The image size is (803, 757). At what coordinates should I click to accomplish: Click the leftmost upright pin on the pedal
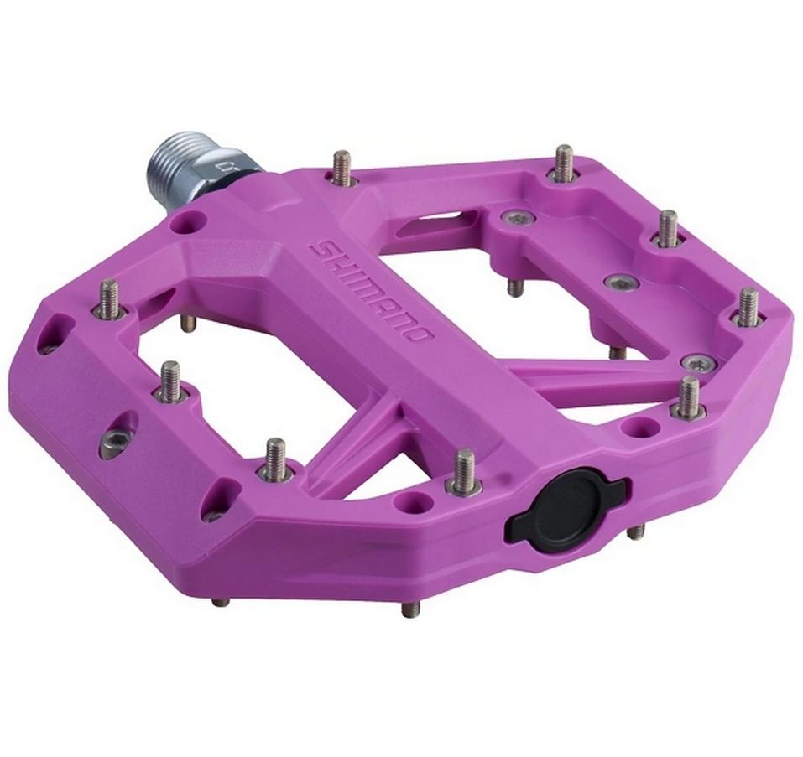[109, 300]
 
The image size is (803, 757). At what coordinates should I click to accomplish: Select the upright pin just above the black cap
[464, 471]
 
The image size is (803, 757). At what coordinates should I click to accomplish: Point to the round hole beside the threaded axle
[190, 222]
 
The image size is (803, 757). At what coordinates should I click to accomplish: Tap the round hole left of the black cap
[410, 503]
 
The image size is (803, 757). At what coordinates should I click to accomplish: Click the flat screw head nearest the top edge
[515, 220]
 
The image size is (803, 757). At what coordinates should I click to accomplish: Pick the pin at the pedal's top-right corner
[564, 163]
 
